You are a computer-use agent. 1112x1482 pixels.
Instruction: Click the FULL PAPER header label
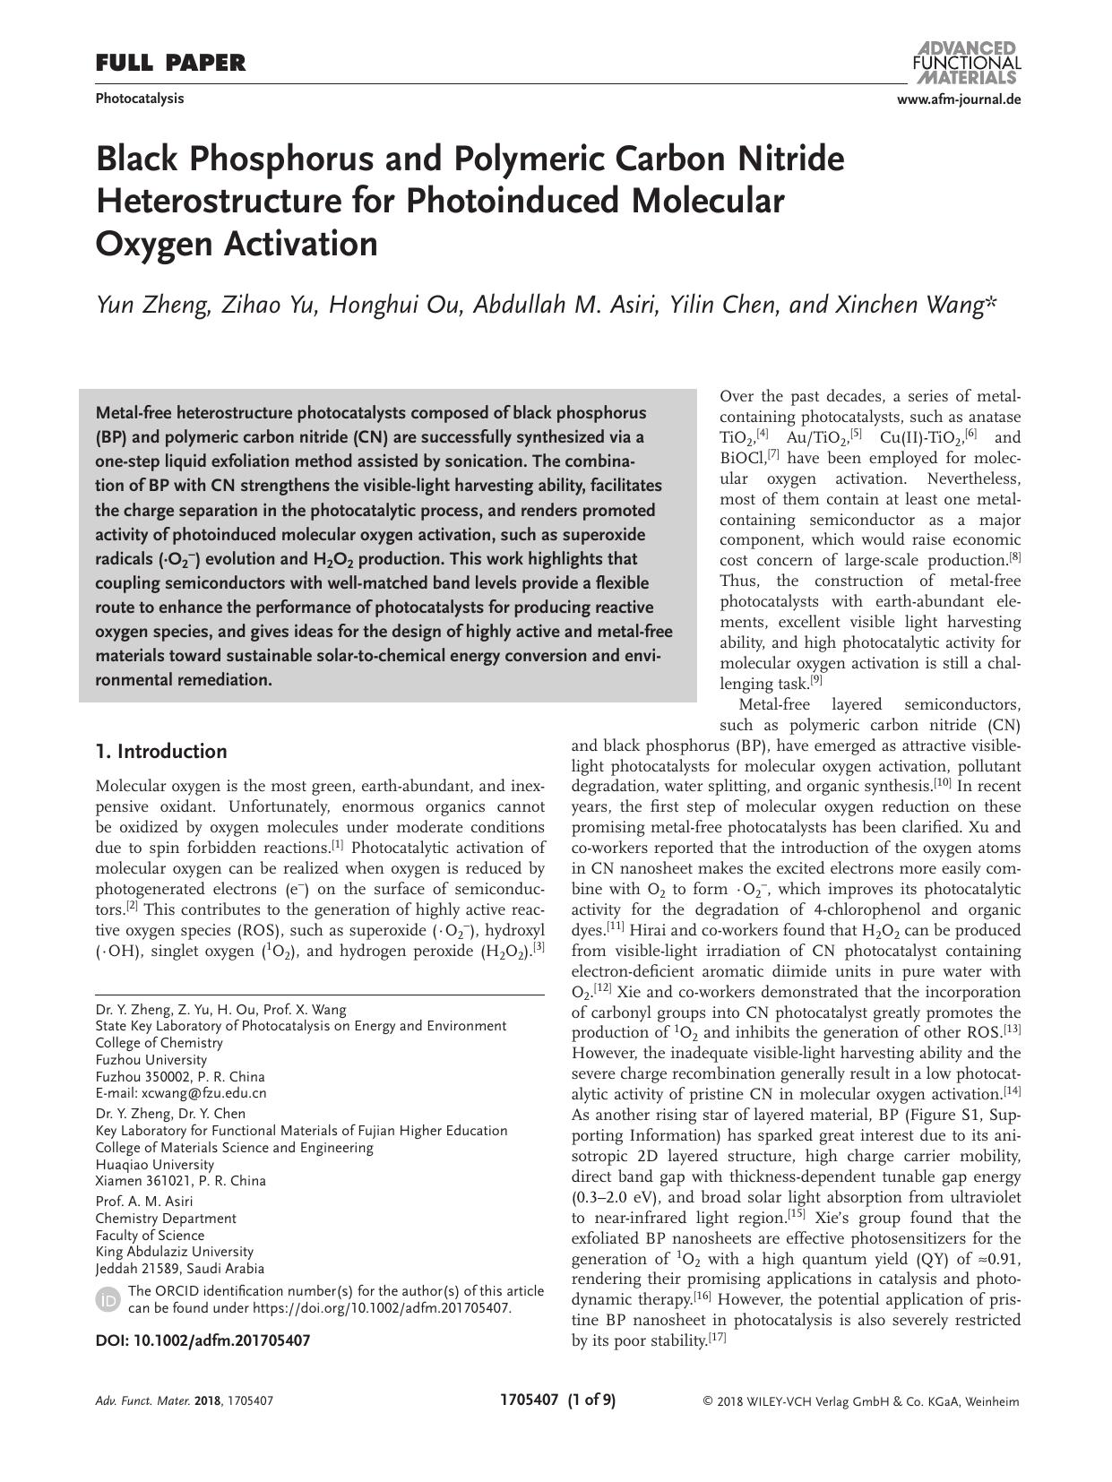[170, 63]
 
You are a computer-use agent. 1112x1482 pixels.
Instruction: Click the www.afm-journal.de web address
[958, 99]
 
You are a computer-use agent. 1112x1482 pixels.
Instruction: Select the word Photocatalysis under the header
[139, 99]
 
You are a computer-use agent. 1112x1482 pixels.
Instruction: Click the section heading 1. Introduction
[161, 752]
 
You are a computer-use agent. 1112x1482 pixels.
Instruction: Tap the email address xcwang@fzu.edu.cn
[203, 1093]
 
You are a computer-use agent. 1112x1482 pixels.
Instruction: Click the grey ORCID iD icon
[108, 1300]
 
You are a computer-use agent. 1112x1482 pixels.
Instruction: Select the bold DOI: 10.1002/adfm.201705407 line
[203, 1341]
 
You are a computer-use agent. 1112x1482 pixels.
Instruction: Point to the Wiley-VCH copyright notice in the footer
[861, 1402]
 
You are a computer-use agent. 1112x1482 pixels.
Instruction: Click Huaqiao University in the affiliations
[154, 1165]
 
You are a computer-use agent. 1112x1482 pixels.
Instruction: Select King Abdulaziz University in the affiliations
[174, 1252]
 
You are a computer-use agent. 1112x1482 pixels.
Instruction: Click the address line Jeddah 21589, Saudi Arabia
[179, 1269]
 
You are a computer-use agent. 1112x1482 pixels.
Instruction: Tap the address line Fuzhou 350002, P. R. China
[180, 1077]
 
